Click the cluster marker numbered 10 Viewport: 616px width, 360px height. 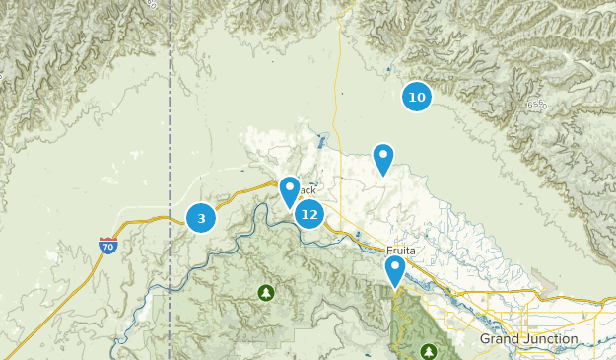pyautogui.click(x=417, y=97)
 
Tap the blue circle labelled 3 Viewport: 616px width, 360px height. pyautogui.click(x=201, y=218)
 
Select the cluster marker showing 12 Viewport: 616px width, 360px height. pyautogui.click(x=309, y=214)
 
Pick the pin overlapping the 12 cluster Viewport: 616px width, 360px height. pyautogui.click(x=289, y=190)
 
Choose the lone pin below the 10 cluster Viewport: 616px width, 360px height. pyautogui.click(x=382, y=158)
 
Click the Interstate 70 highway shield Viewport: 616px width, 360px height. pyautogui.click(x=108, y=246)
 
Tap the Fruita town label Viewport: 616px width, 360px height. pyautogui.click(x=402, y=251)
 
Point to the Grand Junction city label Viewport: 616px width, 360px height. pyautogui.click(x=528, y=339)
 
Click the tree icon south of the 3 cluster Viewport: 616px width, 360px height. pyautogui.click(x=265, y=292)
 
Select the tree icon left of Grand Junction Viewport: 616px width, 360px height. pyautogui.click(x=428, y=351)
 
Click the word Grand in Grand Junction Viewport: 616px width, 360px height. pyautogui.click(x=501, y=339)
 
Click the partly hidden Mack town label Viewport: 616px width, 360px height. pyautogui.click(x=308, y=190)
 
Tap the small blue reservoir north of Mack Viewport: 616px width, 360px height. pyautogui.click(x=322, y=139)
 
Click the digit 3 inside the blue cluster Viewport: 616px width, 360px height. pyautogui.click(x=201, y=218)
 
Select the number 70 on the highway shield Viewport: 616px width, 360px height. pyautogui.click(x=108, y=247)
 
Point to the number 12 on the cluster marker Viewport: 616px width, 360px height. pyautogui.click(x=309, y=214)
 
